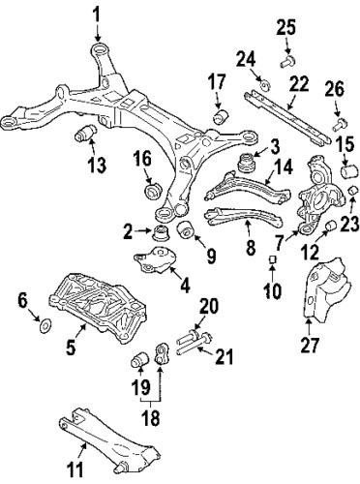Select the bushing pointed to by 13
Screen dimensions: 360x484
tap(85, 133)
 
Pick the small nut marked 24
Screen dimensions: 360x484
tap(266, 86)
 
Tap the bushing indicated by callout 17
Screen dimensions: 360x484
tap(221, 116)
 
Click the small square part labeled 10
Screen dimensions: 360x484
tap(273, 259)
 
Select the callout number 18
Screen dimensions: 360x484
tap(150, 417)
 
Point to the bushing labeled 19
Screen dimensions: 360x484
tap(139, 359)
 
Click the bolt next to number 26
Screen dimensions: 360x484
tap(340, 124)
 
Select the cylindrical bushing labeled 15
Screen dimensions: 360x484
tap(350, 170)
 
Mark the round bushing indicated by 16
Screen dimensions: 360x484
tap(152, 191)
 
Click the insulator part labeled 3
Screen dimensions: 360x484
tap(246, 165)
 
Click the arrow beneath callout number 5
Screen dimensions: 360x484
tap(82, 331)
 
